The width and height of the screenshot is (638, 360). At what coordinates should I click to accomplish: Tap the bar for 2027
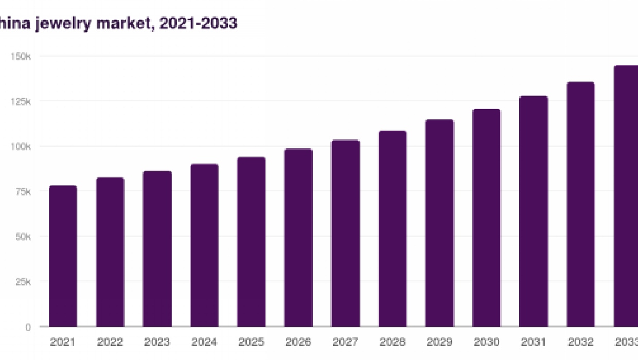click(345, 233)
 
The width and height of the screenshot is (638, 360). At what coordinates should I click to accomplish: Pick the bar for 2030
click(486, 218)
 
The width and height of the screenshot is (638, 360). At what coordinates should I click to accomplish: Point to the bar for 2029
click(439, 223)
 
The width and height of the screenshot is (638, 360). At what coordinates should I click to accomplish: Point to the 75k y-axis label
click(22, 191)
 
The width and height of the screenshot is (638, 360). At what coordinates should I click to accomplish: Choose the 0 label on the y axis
click(28, 327)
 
